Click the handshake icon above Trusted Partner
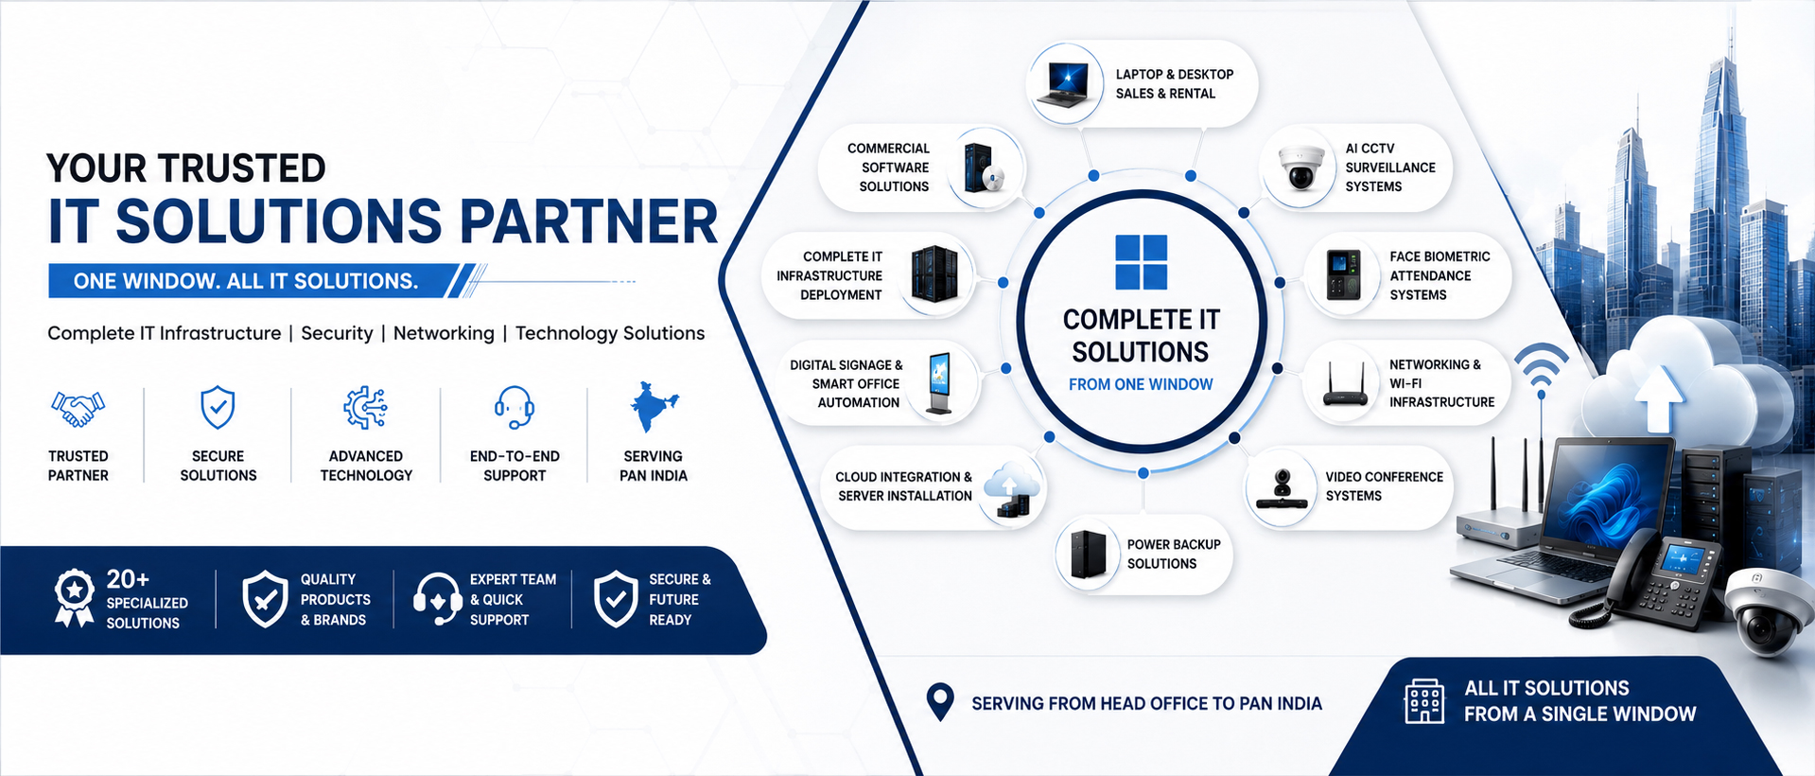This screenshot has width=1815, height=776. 78,409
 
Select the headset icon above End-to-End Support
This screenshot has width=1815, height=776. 515,408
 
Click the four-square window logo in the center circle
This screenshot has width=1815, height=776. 1141,262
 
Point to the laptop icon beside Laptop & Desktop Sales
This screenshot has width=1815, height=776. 1065,83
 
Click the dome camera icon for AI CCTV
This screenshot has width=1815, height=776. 1300,168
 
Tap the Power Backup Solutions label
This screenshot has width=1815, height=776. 1174,554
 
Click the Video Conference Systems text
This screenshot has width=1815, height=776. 1384,486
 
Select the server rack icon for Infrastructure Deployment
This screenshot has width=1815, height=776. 934,274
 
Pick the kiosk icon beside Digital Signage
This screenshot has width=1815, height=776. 939,383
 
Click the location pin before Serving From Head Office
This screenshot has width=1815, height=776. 940,702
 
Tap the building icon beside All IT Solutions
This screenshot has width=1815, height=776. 1424,701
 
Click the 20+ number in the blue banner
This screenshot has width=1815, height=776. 128,578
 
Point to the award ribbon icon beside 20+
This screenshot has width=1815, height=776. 74,598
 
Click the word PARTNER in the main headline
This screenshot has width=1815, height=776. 588,221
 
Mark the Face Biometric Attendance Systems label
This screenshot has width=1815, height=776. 1440,275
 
